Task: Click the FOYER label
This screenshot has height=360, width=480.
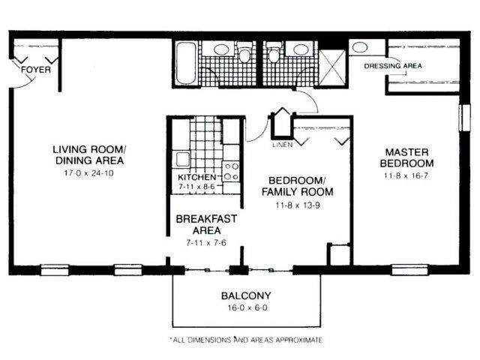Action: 37,70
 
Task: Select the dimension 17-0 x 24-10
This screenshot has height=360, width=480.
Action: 89,173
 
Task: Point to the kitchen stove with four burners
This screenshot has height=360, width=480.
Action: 232,171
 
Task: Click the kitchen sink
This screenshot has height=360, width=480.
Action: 180,158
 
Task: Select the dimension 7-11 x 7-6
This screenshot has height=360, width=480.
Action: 205,243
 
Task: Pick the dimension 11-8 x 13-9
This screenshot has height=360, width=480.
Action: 297,204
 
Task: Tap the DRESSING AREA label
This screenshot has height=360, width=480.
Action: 392,66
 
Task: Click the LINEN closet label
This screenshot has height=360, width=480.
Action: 281,145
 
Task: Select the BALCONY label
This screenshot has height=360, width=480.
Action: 246,295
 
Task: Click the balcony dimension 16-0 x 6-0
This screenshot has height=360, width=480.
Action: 246,308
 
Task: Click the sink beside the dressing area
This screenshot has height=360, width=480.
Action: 359,47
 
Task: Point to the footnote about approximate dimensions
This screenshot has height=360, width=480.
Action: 245,340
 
